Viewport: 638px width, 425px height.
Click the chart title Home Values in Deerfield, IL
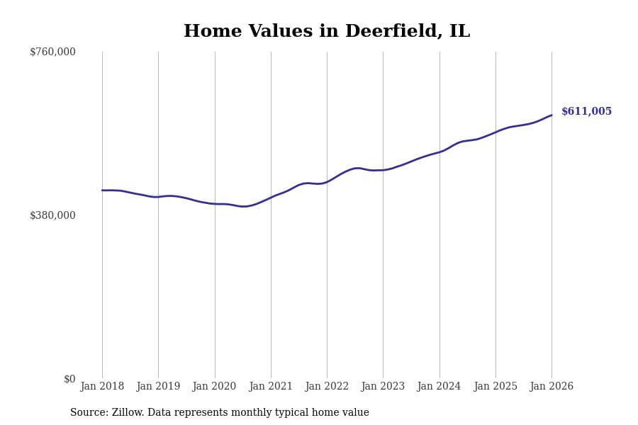tap(326, 32)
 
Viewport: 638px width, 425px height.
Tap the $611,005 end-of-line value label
tap(586, 112)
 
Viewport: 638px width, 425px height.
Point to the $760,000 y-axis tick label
tap(52, 52)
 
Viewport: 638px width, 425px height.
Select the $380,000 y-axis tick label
tap(52, 215)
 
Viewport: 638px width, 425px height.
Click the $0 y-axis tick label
tap(69, 379)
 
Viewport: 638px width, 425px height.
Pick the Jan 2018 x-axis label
tap(102, 387)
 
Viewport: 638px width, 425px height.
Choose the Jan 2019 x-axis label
tap(158, 387)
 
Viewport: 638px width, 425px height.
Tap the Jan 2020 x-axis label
tap(214, 387)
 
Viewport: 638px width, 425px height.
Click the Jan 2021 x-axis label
tap(271, 387)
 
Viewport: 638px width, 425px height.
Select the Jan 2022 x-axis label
tap(327, 387)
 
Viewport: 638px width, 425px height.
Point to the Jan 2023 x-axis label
tap(383, 387)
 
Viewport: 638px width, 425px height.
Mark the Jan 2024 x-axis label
tap(439, 387)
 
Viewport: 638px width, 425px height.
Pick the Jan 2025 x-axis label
tap(496, 387)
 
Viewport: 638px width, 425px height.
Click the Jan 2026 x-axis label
tap(552, 387)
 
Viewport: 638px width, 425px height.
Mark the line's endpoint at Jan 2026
tap(552, 115)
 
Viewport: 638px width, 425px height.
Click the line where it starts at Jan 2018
tap(102, 191)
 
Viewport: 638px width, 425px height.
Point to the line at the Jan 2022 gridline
tap(327, 181)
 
